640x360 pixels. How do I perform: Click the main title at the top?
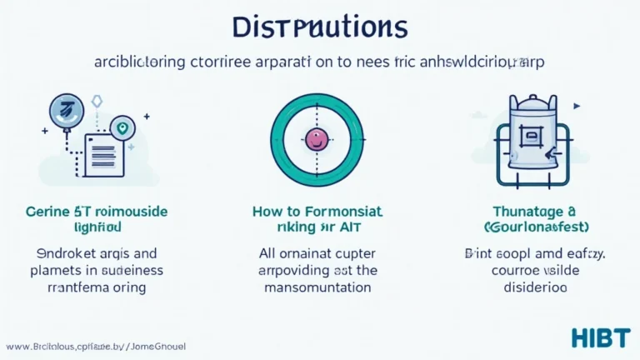[320, 27]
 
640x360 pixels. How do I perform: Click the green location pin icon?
[123, 128]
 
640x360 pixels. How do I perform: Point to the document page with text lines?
[100, 155]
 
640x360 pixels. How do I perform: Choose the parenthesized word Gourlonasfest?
[528, 227]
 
